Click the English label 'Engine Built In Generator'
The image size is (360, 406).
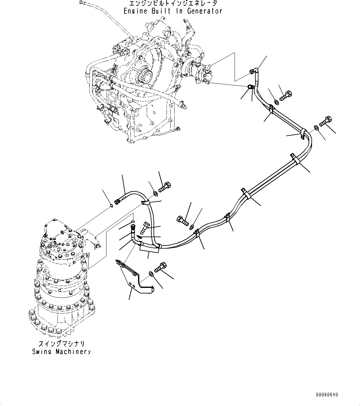click(x=173, y=11)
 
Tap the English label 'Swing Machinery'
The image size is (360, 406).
click(x=61, y=352)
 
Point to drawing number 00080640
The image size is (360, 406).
click(x=327, y=395)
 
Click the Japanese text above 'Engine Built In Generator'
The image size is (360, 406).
click(x=173, y=3)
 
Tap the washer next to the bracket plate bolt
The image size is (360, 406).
click(x=151, y=274)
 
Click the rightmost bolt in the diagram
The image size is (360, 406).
click(x=326, y=121)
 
